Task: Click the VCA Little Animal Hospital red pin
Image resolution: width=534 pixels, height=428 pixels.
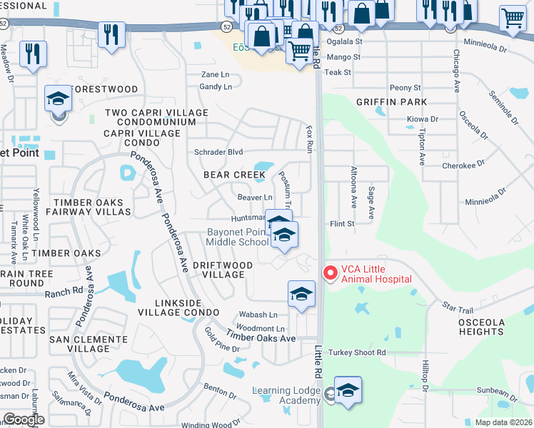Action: [330, 272]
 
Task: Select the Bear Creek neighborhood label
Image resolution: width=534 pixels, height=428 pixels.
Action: [235, 175]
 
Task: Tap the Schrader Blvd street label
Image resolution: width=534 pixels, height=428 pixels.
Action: [219, 152]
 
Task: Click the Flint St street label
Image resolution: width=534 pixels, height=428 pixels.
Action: [342, 223]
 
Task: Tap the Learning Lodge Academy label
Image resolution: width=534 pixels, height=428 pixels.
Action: [286, 395]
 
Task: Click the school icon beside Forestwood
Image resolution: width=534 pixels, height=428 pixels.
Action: [58, 101]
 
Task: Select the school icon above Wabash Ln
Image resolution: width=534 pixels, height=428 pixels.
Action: [301, 295]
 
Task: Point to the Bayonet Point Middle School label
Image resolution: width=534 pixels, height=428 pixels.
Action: [237, 237]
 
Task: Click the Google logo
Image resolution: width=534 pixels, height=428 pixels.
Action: [23, 419]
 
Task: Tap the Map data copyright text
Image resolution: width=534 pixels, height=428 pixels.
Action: [503, 422]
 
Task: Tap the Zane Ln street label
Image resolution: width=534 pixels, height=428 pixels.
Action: [215, 74]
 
